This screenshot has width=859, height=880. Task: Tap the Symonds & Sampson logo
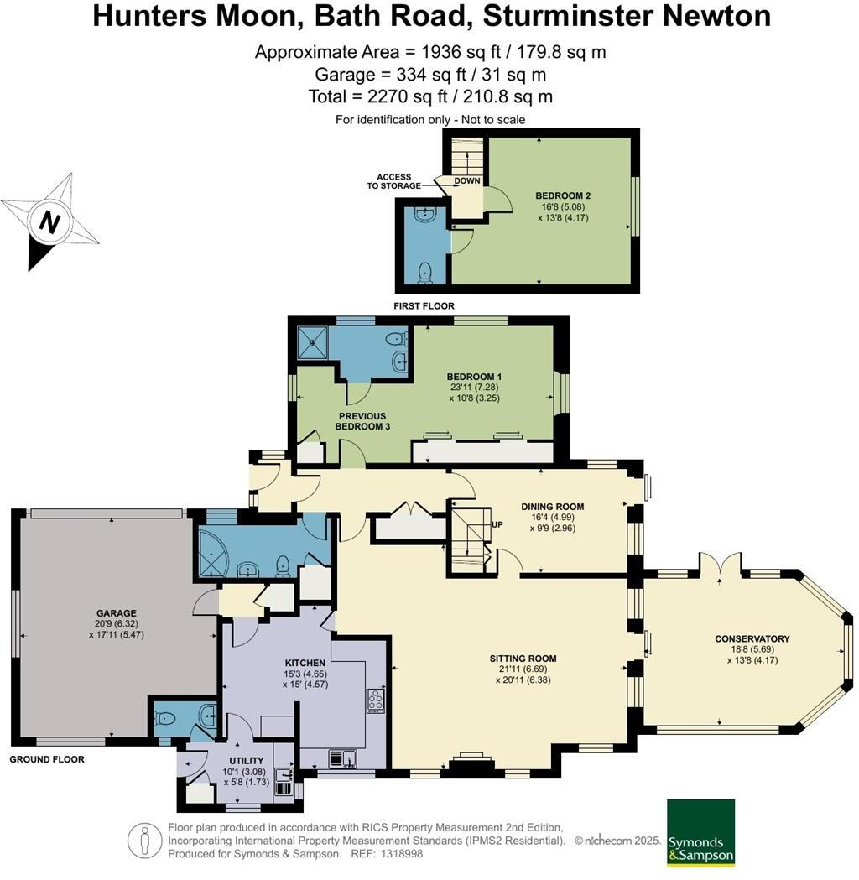point(700,832)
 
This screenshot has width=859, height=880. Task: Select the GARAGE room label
point(116,613)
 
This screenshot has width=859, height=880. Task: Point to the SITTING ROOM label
point(523,658)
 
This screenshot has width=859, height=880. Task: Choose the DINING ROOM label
point(552,507)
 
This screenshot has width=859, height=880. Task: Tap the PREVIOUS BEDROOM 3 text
point(362,421)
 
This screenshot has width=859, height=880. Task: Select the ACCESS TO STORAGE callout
point(394,181)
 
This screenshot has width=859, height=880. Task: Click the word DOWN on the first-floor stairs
point(467,181)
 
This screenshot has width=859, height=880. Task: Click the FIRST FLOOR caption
point(424,306)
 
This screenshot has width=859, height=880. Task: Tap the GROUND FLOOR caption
point(47,759)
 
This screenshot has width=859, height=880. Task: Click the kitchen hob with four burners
point(375,700)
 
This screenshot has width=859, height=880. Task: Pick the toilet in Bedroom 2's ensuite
point(426,272)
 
